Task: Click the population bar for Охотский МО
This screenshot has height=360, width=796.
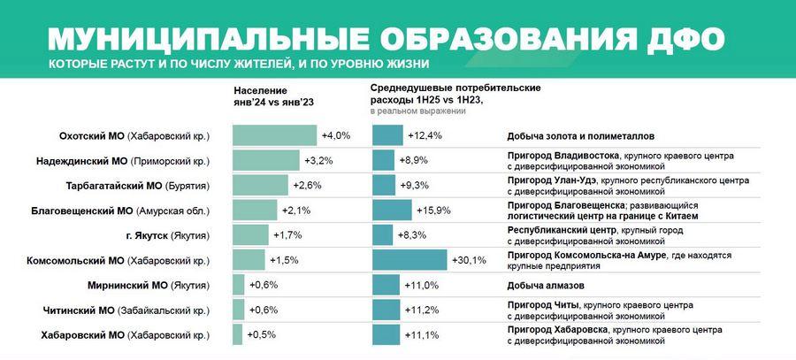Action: tap(274, 135)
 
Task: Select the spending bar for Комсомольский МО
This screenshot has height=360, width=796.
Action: tap(409, 260)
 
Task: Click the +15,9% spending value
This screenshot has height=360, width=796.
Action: tap(433, 211)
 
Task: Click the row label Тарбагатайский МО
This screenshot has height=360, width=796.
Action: tap(137, 186)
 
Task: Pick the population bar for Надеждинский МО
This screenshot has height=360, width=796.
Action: tap(266, 160)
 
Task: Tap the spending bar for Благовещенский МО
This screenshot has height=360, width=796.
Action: tap(392, 211)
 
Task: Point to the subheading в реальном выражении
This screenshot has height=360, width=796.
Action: tap(418, 112)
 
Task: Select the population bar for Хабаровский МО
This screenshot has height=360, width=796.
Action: tap(237, 335)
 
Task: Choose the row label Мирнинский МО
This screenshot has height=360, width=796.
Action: tap(149, 286)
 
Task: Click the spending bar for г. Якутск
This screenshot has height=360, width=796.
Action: tap(383, 235)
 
